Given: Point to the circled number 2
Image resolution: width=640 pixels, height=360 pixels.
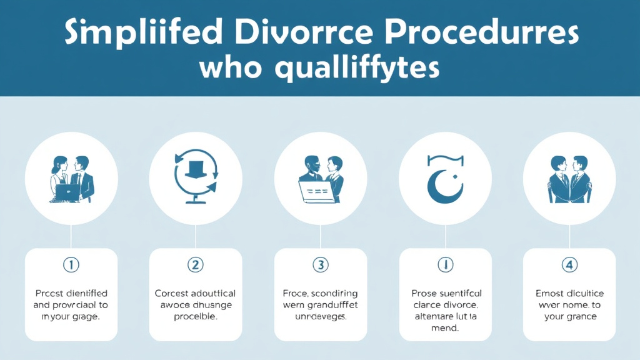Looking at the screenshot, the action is tap(196, 265).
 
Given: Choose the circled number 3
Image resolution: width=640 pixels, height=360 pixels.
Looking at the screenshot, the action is tap(321, 265).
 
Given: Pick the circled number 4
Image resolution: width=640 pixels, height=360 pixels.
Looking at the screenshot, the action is tap(569, 265).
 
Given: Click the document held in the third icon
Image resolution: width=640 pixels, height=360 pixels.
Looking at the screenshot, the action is tap(315, 191).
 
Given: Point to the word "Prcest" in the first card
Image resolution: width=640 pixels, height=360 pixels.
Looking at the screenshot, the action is tap(52, 292).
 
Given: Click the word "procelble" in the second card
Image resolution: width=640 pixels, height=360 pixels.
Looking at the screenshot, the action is tap(196, 316).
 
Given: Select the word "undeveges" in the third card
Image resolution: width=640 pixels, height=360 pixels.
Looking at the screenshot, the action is tap(321, 316).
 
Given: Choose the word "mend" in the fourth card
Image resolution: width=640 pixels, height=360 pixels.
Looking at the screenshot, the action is tap(445, 328).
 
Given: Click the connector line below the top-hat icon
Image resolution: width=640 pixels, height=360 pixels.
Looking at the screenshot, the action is tap(196, 236).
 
